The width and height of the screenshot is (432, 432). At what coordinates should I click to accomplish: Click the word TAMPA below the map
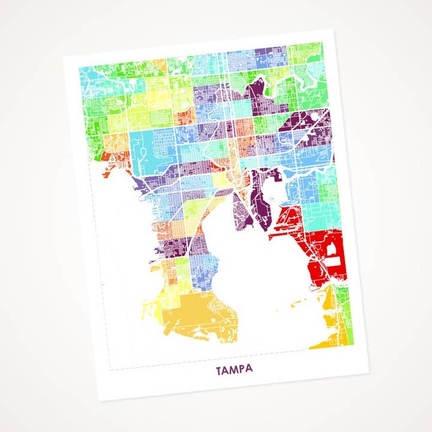point(235,371)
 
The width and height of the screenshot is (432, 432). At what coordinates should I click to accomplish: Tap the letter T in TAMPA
point(220,372)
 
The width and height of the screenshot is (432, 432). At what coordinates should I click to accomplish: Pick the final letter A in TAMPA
point(250,370)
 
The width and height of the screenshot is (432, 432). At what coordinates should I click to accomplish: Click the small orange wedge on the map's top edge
point(158,63)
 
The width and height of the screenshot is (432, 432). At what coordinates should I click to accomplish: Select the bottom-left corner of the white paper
point(100,400)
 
